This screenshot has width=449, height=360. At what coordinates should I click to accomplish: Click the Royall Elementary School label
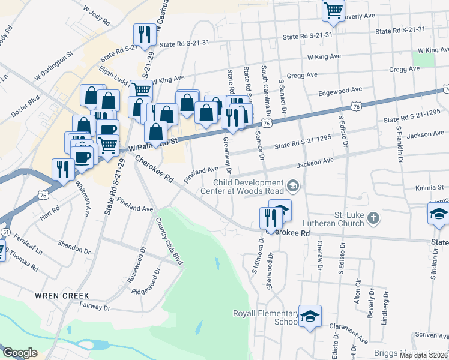tap(265, 317)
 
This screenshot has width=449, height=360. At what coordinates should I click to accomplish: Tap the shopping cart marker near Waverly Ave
tap(333, 10)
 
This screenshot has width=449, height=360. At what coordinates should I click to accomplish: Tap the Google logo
tap(20, 353)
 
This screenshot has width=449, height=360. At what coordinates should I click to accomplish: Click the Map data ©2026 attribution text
tap(423, 355)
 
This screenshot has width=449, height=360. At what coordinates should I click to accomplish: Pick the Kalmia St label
tap(429, 188)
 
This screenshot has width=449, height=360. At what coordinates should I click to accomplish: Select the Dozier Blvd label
tap(24, 105)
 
